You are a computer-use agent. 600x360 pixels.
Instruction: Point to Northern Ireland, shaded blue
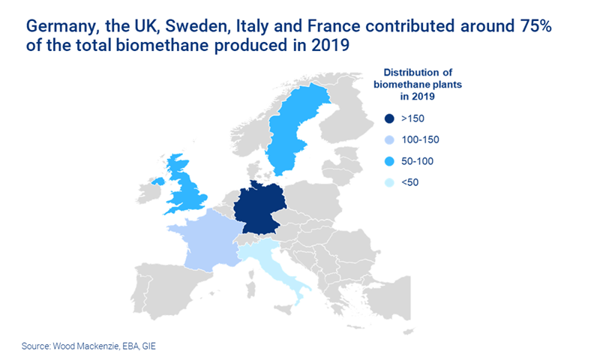click(158, 181)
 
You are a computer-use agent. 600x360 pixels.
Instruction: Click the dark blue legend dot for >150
click(388, 118)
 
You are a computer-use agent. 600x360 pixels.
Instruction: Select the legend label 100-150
click(421, 139)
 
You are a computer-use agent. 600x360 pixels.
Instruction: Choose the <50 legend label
click(410, 181)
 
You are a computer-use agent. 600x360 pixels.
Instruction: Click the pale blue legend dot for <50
click(388, 181)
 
